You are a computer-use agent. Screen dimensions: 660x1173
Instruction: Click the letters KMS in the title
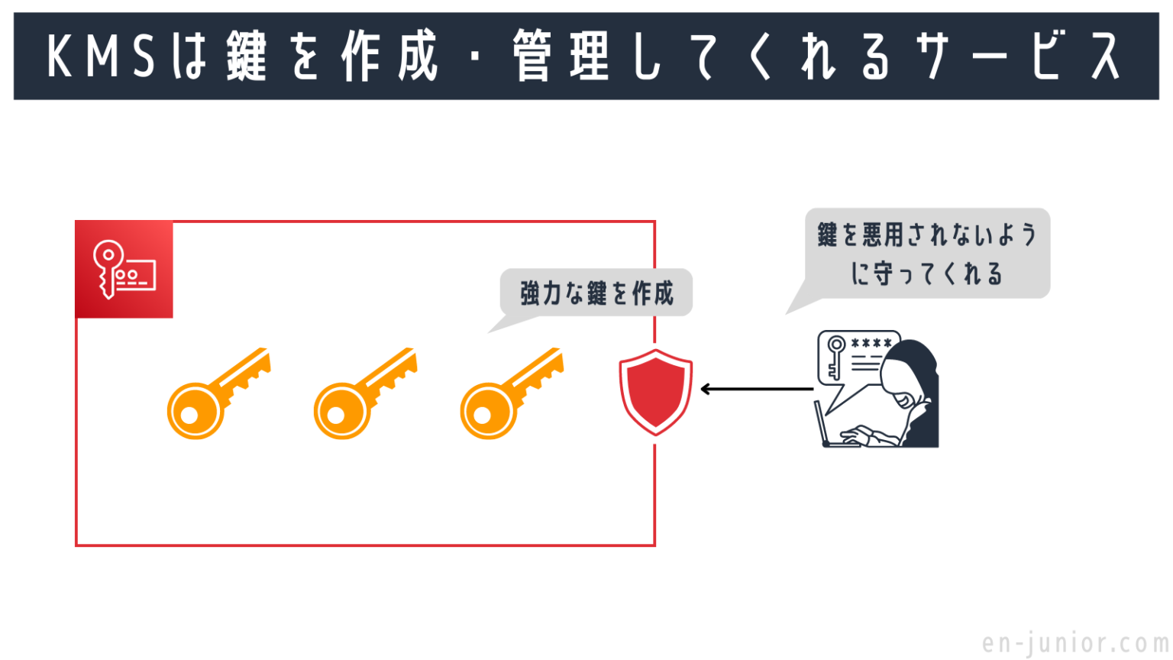coord(101,57)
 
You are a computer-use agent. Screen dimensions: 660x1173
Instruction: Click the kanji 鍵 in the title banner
coord(246,57)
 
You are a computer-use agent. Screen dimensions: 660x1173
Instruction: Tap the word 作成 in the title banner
coord(389,57)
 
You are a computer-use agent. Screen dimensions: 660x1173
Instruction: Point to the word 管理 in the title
coord(561,57)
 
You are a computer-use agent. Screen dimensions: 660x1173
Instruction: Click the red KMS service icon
coord(124,270)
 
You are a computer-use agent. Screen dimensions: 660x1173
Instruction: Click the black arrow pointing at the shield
coord(756,390)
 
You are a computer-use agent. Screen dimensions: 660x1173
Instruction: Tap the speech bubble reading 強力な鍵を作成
coord(596,293)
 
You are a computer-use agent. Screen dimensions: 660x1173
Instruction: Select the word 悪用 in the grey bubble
coord(884,235)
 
